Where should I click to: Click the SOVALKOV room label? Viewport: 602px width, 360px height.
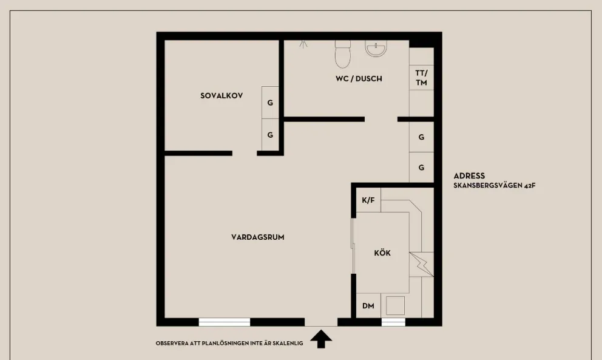click(x=222, y=95)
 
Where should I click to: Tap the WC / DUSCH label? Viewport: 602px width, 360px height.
click(x=359, y=78)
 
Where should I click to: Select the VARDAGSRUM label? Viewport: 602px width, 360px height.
click(x=257, y=237)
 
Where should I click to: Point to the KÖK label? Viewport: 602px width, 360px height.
click(x=382, y=253)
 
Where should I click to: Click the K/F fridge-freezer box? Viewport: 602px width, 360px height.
click(x=368, y=200)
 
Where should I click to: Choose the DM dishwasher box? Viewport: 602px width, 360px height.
click(x=368, y=306)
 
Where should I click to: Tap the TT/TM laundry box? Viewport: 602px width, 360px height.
click(x=421, y=77)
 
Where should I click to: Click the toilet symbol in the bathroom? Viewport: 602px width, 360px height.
click(x=343, y=53)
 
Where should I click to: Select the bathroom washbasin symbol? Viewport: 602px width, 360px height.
click(x=376, y=49)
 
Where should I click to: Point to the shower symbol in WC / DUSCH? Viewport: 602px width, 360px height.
click(x=303, y=44)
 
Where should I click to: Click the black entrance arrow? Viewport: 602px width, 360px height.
click(x=321, y=339)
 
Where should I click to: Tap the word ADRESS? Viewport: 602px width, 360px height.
click(x=469, y=176)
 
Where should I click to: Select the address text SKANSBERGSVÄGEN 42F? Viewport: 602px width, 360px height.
click(x=494, y=186)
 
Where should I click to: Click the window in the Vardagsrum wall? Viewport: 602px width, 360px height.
click(x=224, y=322)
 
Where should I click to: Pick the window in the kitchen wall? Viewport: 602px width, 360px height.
click(x=393, y=322)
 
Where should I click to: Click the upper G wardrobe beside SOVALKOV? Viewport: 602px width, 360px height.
click(x=270, y=103)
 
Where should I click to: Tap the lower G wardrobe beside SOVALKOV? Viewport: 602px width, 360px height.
click(x=270, y=135)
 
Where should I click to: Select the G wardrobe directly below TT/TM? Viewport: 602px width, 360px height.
click(x=421, y=137)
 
